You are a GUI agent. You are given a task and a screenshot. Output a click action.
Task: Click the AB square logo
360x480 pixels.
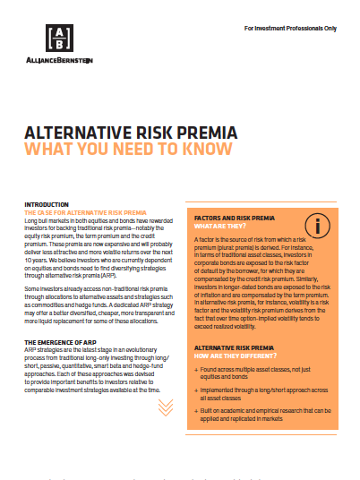tap(59, 37)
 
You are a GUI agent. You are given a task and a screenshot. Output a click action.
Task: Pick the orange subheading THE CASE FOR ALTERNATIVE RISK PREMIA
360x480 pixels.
tap(85, 211)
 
